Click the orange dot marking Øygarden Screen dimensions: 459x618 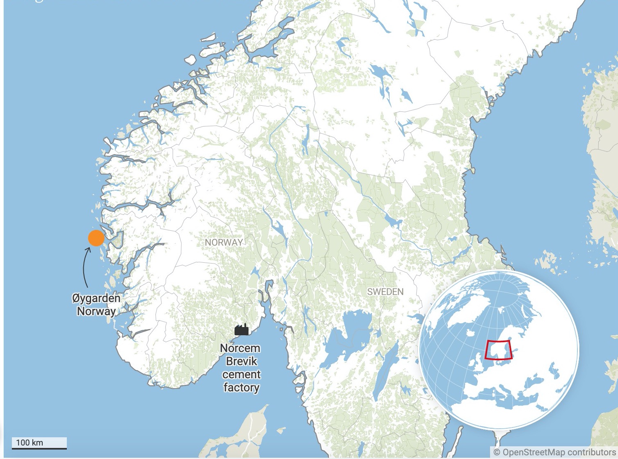pos(96,238)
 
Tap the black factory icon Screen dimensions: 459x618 pos(242,329)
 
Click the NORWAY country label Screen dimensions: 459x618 pos(224,242)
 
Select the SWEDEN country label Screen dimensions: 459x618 pos(385,291)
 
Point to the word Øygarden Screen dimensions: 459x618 pos(96,298)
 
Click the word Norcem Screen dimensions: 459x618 pos(240,348)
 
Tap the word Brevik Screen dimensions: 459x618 pos(242,361)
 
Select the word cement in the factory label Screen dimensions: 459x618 pos(242,375)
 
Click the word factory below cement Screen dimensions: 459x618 pos(241,388)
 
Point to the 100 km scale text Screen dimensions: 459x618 pos(30,443)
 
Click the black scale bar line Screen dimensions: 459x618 pos(39,448)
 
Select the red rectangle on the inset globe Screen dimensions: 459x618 pos(498,350)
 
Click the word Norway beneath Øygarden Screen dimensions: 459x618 pos(96,311)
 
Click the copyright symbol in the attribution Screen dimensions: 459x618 pos(497,452)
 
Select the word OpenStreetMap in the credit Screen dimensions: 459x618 pos(534,452)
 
